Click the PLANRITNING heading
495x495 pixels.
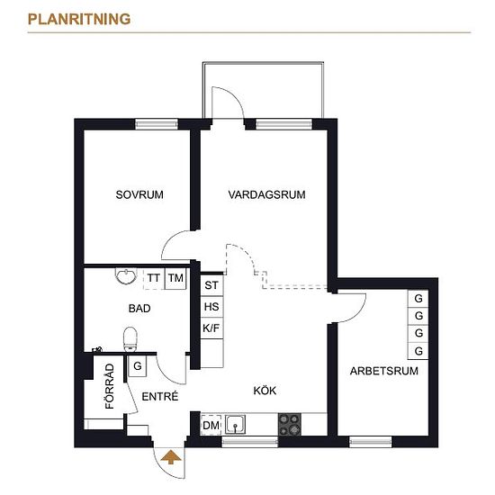click(x=79, y=19)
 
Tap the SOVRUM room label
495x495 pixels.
click(x=139, y=194)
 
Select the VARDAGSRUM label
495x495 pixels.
click(x=266, y=194)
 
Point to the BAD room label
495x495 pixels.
click(x=139, y=308)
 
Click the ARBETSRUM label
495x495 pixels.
click(x=384, y=371)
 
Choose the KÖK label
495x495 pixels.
click(x=265, y=391)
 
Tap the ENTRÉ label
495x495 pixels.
click(x=159, y=396)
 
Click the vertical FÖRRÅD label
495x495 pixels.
click(x=110, y=386)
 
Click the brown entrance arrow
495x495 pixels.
click(x=171, y=457)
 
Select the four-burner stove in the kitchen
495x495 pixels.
click(x=290, y=424)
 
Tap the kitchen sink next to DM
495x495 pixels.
click(x=235, y=424)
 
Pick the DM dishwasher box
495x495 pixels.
click(x=211, y=425)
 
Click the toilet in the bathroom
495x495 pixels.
click(x=130, y=339)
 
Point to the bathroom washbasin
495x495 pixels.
click(x=126, y=275)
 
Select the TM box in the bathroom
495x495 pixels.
click(x=175, y=278)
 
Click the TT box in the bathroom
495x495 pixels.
click(x=154, y=278)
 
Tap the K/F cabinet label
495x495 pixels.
click(x=211, y=328)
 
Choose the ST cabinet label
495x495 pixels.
click(x=211, y=285)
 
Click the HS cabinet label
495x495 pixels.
click(x=211, y=307)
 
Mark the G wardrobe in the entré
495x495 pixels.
click(x=138, y=366)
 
